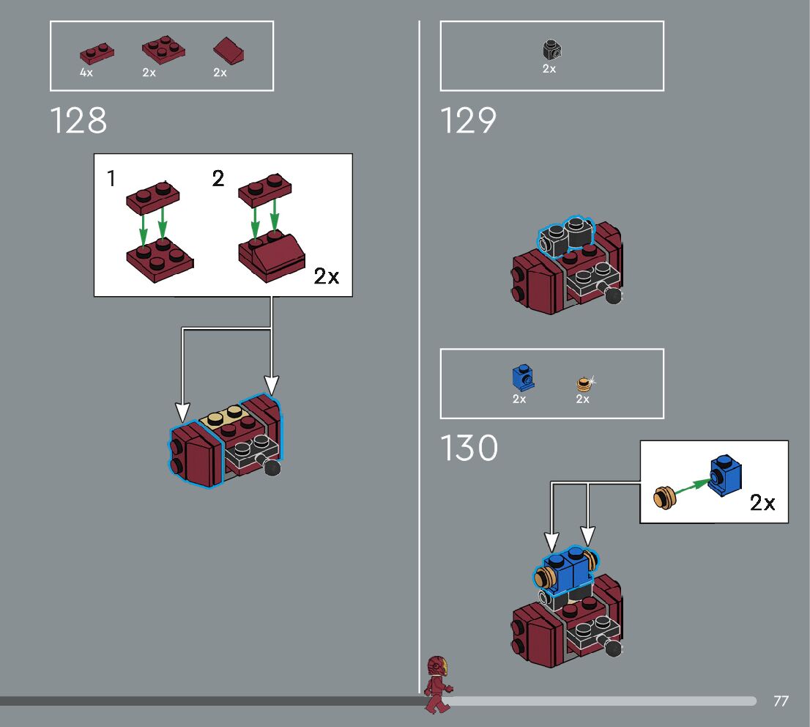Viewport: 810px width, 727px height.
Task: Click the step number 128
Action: [x=78, y=121]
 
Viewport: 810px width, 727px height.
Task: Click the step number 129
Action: [x=468, y=121]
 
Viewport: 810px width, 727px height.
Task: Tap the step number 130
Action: [x=469, y=449]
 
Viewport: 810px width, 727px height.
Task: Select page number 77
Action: [x=781, y=701]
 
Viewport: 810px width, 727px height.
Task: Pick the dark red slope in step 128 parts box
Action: [x=228, y=51]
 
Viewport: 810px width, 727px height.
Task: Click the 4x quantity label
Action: [x=86, y=73]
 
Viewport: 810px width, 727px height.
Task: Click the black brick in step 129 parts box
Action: [x=551, y=50]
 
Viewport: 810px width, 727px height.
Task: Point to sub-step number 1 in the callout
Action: [x=111, y=178]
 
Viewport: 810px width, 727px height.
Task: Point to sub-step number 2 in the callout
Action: [x=218, y=178]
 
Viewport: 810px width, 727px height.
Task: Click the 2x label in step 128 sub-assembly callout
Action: [x=327, y=276]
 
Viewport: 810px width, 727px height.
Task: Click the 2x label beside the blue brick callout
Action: [x=762, y=503]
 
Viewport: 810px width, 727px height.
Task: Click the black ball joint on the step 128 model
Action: [x=272, y=467]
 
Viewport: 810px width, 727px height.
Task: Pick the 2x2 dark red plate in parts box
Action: [x=163, y=49]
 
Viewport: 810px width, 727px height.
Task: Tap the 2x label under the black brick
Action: [x=549, y=69]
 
